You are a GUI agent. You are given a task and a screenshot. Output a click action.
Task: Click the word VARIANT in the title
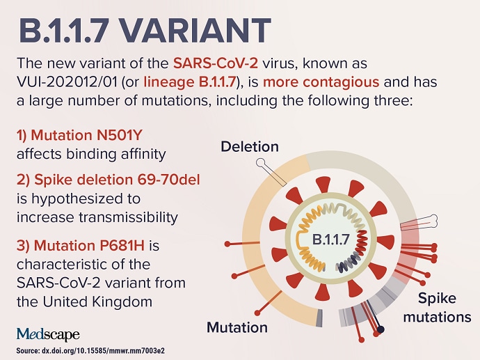(194, 31)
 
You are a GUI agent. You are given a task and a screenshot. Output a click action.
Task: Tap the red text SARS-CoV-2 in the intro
(216, 63)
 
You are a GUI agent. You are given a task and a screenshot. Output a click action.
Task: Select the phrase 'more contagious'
(321, 82)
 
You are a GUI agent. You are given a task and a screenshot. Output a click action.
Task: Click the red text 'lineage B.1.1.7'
(191, 82)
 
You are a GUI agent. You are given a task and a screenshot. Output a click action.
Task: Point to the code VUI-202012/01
(67, 82)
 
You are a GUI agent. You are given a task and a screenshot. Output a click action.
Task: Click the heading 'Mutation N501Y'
(79, 135)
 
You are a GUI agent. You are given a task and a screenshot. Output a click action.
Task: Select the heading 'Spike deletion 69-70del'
(109, 180)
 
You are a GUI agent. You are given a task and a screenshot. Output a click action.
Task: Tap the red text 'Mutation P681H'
(81, 245)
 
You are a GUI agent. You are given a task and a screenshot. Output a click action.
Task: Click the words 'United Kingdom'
(97, 302)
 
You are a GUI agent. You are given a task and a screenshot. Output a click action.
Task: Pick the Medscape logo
(48, 334)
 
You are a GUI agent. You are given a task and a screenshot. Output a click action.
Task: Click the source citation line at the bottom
(90, 351)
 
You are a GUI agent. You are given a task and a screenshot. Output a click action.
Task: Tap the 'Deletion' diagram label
(250, 147)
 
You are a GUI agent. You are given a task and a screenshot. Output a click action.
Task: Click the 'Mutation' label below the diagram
(237, 327)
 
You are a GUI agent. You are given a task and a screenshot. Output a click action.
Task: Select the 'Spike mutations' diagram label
(437, 307)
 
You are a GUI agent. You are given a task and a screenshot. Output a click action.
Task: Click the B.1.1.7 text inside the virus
(330, 240)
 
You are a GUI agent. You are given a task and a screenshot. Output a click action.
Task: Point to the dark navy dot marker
(381, 329)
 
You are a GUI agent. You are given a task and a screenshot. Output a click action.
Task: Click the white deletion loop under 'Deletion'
(261, 163)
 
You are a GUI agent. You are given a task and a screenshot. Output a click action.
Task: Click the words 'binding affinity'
(116, 154)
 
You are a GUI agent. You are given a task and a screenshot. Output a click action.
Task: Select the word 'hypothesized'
(79, 199)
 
